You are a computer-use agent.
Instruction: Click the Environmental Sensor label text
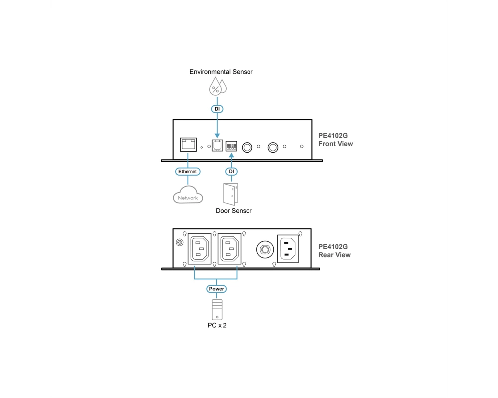(x=221, y=72)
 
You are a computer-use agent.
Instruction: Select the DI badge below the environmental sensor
(x=217, y=109)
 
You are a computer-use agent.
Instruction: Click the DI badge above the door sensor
(x=231, y=171)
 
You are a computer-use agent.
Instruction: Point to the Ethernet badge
(x=188, y=171)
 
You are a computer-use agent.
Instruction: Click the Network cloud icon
(x=188, y=195)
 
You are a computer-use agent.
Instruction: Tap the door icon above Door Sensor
(x=231, y=194)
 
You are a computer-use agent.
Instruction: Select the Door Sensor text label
(x=234, y=211)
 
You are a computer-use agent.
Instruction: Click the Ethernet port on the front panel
(x=188, y=145)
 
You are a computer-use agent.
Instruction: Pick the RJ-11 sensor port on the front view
(x=217, y=145)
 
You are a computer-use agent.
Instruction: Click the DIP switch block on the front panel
(x=231, y=146)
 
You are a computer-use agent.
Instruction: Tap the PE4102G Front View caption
(x=335, y=140)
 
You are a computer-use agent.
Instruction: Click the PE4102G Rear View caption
(x=335, y=251)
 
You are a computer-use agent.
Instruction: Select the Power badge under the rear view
(x=216, y=289)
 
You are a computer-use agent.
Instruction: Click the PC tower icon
(x=217, y=310)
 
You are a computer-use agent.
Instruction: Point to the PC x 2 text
(x=217, y=325)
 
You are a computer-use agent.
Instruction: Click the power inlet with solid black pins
(x=288, y=249)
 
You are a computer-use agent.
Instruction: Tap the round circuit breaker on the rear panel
(x=265, y=249)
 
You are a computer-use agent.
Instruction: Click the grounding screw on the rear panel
(x=179, y=242)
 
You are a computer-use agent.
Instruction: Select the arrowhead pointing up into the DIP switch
(x=231, y=156)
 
